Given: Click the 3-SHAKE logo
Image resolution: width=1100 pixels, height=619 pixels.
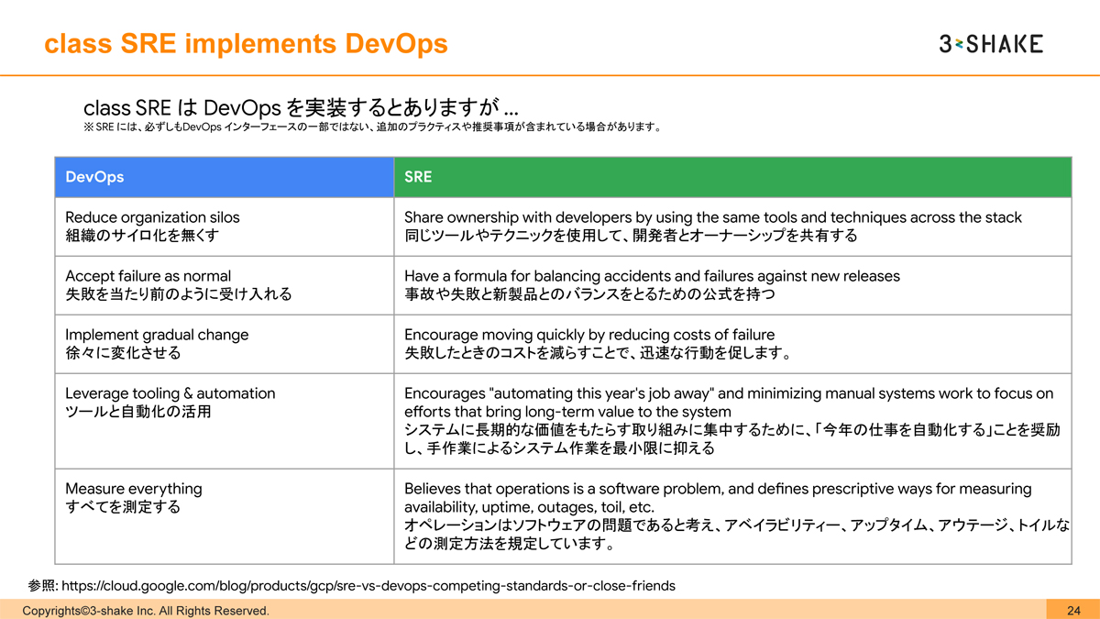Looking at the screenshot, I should pos(991,43).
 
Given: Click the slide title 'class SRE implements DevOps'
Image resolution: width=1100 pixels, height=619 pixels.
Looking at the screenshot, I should pos(247,43).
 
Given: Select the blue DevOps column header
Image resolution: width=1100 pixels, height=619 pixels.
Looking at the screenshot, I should pos(225,177).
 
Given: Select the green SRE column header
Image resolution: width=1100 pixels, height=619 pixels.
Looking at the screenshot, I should pos(732,177).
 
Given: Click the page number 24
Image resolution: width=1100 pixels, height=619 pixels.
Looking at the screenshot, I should pos(1073,611).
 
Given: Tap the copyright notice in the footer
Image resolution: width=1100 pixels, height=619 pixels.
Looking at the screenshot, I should pos(146,611).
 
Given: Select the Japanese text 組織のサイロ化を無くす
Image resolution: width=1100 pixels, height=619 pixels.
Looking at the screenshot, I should pos(143,236).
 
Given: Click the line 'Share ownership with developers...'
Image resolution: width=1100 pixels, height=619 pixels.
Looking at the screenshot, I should pos(712,217).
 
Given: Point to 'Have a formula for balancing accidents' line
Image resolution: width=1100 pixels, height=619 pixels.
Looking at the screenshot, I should pos(652,276).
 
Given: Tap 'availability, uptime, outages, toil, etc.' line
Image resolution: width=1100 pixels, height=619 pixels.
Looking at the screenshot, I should pos(529,507).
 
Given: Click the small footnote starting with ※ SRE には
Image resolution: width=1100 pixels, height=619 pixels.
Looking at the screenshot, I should pos(371,127).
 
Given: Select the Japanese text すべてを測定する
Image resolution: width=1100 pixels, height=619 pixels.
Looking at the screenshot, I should pos(123,507).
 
